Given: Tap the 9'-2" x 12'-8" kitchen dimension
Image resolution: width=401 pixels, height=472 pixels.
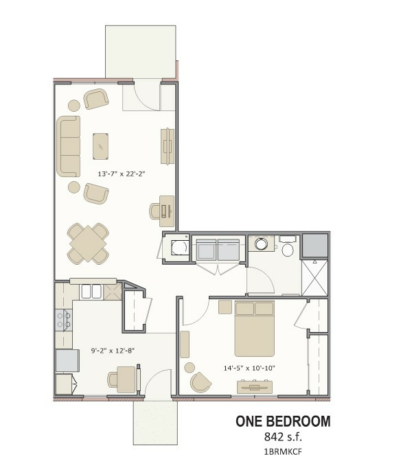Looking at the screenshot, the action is pos(113,351).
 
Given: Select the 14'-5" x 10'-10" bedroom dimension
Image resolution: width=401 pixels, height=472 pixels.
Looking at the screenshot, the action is pos(249,368).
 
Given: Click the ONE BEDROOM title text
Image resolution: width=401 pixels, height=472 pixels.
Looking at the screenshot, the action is pos(283,421).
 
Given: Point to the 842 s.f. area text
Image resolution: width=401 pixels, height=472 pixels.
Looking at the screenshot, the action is pos(283,436).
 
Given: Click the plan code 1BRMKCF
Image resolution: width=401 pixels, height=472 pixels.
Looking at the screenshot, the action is pos(283,451).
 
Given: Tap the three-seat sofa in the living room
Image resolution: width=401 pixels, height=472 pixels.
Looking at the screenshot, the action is pos(69,146).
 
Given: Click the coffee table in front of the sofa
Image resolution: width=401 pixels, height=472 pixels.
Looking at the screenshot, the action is pos(101,146).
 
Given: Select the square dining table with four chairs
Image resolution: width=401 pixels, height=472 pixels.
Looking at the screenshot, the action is pos(88,244).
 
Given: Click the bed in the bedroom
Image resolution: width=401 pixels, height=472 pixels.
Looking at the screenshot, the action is pos(255,328).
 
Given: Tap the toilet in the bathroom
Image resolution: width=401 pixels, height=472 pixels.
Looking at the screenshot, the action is pos(288,247).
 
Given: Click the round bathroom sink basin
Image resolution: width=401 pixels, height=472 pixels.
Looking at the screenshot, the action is pos(261,244).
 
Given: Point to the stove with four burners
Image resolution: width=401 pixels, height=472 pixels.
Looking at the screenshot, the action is pos(64,320).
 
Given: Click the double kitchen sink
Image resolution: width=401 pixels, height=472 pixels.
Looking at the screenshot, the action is pos(91,291).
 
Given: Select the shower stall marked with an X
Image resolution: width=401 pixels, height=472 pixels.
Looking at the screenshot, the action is pos(314,278).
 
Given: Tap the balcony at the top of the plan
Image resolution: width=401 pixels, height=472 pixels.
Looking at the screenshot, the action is pos(140,51).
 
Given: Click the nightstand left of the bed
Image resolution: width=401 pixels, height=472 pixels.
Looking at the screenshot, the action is pos(225,307).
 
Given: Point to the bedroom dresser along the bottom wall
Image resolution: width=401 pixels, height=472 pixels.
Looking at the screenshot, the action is pos(255,387).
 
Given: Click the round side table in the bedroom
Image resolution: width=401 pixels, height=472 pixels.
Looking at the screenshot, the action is pos(190,368).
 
